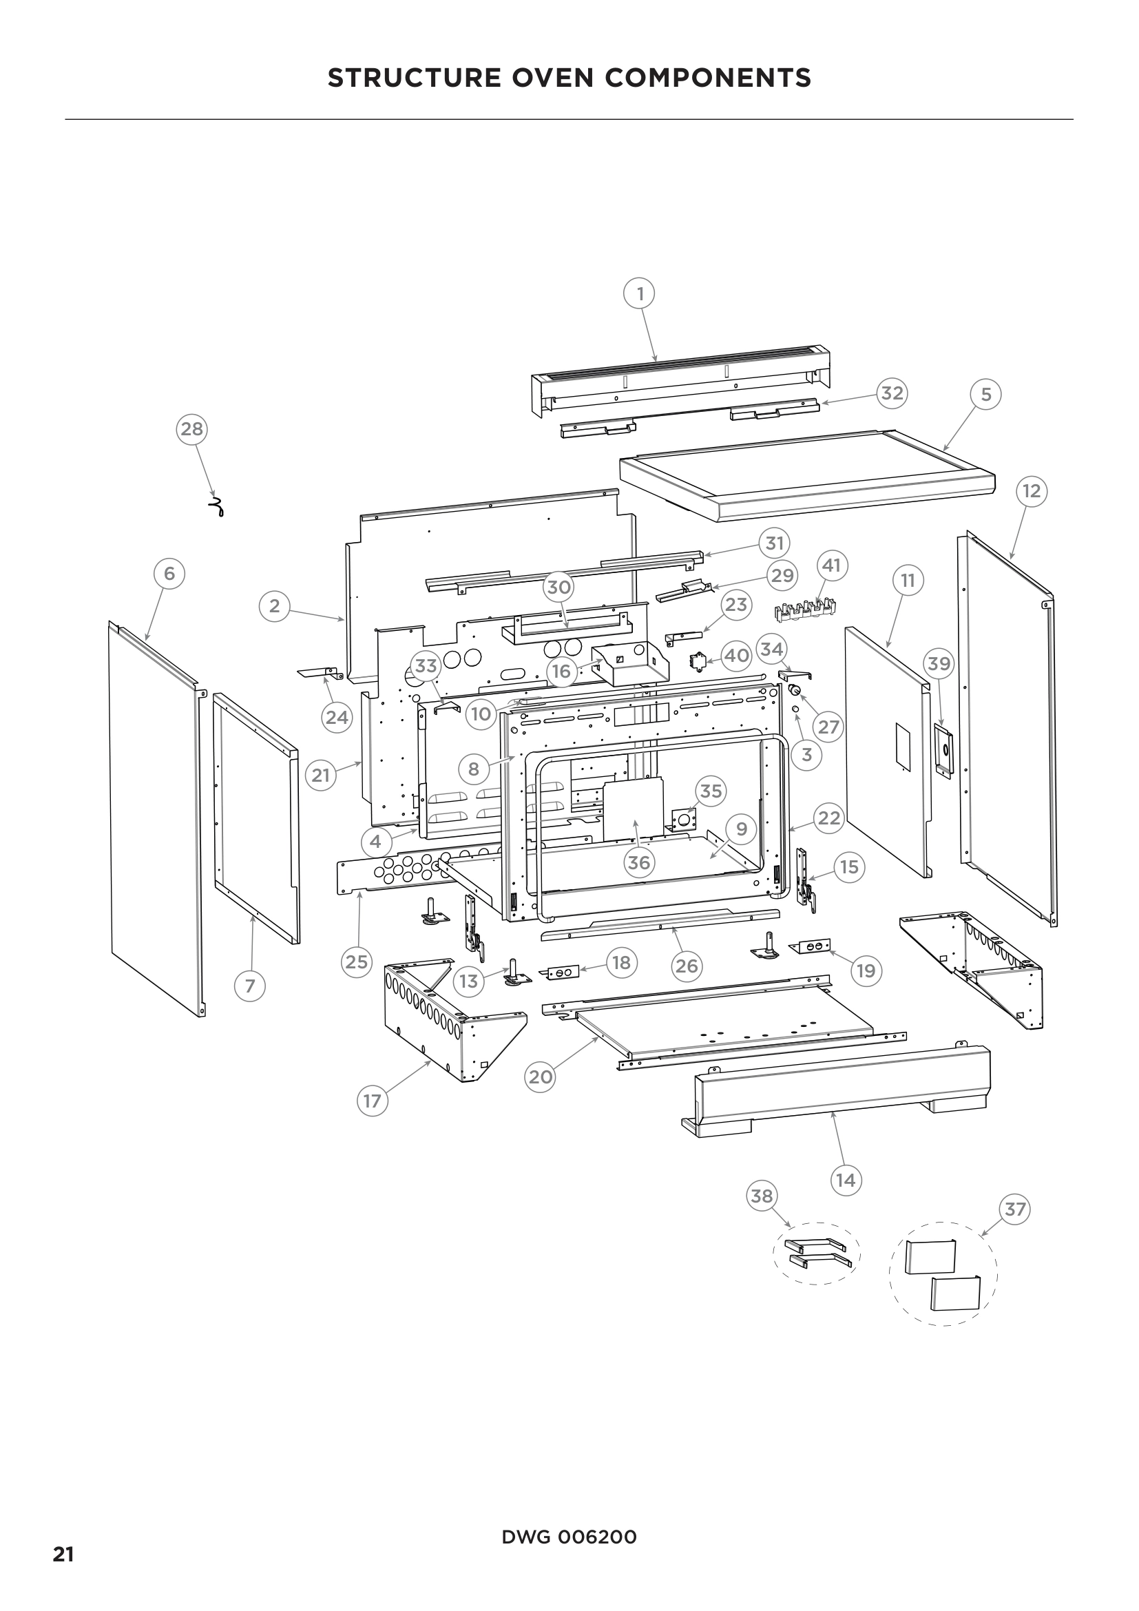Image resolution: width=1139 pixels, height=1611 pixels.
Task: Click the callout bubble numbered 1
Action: click(x=639, y=293)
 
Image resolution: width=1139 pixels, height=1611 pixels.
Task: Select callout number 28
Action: click(x=191, y=428)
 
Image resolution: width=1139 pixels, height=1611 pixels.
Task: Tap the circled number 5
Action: click(x=985, y=395)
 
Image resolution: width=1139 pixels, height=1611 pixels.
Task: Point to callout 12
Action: click(x=1031, y=491)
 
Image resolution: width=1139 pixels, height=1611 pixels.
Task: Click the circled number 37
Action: click(x=1015, y=1209)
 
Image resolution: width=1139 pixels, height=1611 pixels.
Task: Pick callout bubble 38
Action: click(x=762, y=1196)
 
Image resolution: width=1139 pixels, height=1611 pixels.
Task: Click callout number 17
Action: click(x=372, y=1101)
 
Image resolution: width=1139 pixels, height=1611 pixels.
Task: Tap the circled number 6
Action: click(x=169, y=574)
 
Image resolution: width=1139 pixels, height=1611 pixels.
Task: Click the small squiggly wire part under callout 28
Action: click(x=218, y=508)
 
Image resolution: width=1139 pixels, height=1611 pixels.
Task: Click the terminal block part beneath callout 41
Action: click(x=805, y=610)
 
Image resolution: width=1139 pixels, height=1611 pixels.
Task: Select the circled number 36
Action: click(x=638, y=862)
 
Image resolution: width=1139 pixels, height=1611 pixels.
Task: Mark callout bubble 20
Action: click(x=540, y=1077)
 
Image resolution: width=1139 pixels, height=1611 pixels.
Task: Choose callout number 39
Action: click(x=939, y=663)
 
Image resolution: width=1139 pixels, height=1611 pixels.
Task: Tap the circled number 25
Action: click(x=356, y=962)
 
